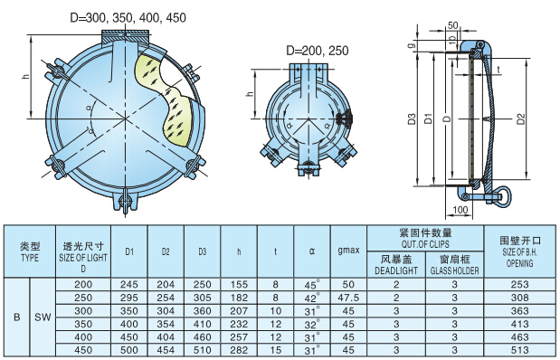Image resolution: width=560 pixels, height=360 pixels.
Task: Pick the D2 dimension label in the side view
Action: pos(520,118)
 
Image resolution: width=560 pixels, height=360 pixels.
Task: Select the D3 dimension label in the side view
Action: pos(412,118)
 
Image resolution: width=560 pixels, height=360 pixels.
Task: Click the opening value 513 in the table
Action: pos(520,348)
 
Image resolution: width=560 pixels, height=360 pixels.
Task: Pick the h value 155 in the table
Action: pos(239,284)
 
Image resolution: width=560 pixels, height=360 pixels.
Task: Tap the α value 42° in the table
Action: pos(312,297)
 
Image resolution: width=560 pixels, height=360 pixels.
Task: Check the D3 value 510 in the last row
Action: pos(202,348)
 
